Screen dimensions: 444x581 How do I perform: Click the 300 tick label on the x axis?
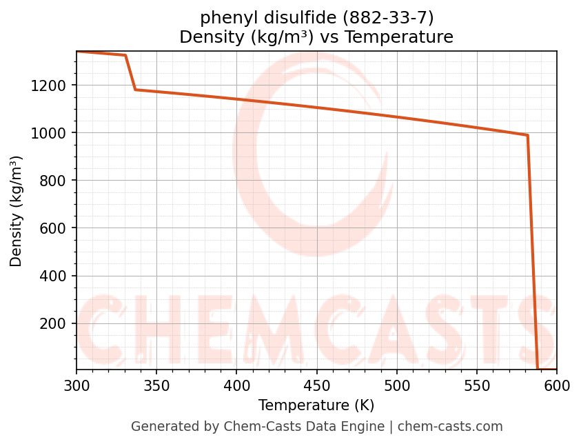coord(77,386)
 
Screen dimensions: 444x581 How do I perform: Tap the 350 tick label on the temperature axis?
coord(156,386)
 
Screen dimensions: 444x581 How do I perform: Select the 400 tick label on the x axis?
coord(236,386)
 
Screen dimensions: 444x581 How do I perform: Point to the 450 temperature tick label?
coord(316,386)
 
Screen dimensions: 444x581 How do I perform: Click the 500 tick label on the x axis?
coord(397,386)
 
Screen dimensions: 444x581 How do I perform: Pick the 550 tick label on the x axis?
coord(477,386)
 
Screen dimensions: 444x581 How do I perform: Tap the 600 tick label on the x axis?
coord(557,386)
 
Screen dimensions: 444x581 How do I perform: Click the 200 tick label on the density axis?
coord(56,323)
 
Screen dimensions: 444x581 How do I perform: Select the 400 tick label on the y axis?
coord(56,276)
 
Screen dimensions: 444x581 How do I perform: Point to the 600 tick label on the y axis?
coord(56,228)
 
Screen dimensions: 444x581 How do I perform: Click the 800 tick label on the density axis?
coord(56,181)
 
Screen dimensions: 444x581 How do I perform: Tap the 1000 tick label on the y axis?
coord(52,133)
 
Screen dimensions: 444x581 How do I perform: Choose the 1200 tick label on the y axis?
coord(52,85)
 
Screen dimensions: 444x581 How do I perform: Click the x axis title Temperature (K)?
coord(316,405)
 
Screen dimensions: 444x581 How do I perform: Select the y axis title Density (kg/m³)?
coord(17,211)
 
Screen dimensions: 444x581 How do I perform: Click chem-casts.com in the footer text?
coord(450,427)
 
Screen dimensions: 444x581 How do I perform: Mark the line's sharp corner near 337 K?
coord(136,90)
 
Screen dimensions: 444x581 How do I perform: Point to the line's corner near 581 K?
coord(527,135)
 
